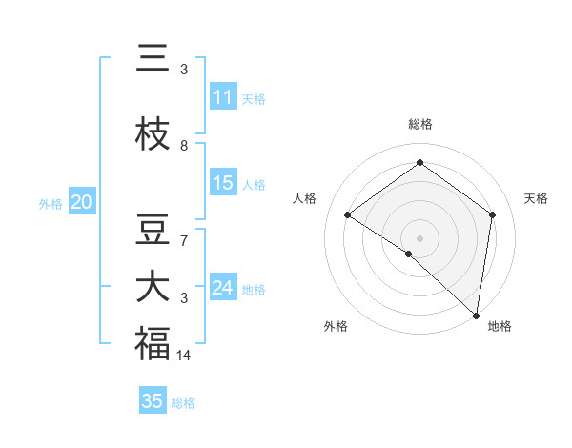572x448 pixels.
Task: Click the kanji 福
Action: (153, 343)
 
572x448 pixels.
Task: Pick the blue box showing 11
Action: (223, 97)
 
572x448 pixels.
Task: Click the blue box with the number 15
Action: (223, 183)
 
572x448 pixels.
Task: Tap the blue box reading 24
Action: (223, 288)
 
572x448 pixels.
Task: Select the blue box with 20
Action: (82, 202)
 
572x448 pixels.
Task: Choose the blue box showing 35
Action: (153, 401)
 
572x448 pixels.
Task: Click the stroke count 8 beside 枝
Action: (184, 146)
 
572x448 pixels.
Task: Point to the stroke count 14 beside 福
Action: (184, 356)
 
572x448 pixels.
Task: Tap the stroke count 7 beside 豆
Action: (184, 241)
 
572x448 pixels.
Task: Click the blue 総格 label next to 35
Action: (183, 403)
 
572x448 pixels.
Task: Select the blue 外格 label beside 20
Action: (51, 203)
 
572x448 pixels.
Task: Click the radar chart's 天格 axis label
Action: (536, 198)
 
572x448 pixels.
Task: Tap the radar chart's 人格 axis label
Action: (304, 198)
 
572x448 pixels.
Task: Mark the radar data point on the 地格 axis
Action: (476, 315)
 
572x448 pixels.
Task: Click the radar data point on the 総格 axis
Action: (419, 163)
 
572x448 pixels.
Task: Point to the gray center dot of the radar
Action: (419, 237)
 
